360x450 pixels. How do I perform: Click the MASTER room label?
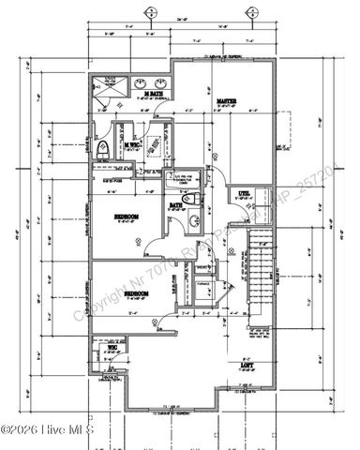(226, 100)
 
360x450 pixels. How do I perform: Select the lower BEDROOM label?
(138, 293)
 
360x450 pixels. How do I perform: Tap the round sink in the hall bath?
(192, 221)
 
